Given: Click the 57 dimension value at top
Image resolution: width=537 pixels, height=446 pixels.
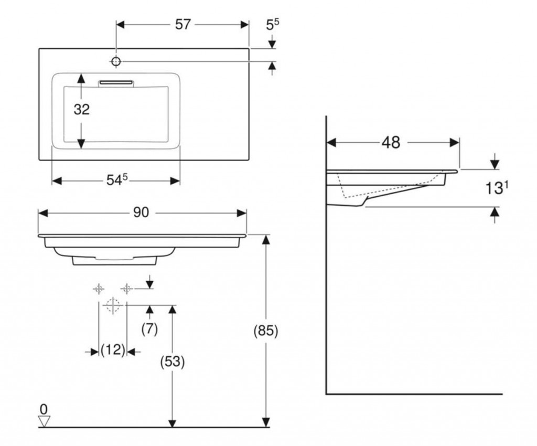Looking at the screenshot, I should pyautogui.click(x=182, y=25).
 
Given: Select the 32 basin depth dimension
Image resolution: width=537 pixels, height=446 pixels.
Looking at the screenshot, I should pyautogui.click(x=81, y=110).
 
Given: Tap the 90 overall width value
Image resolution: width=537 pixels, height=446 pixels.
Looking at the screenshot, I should pyautogui.click(x=141, y=213).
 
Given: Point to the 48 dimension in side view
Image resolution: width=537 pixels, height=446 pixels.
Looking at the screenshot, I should pyautogui.click(x=391, y=142).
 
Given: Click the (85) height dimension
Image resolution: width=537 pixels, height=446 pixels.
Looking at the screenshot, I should pyautogui.click(x=265, y=332).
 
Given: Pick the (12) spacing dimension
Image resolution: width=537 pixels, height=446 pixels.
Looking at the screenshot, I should pyautogui.click(x=112, y=350).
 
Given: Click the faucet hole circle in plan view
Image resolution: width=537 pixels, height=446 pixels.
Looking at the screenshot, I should pyautogui.click(x=116, y=62).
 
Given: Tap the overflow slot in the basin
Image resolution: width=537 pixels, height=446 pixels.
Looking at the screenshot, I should pyautogui.click(x=117, y=82).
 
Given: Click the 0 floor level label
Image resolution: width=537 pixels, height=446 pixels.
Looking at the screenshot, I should pyautogui.click(x=44, y=409).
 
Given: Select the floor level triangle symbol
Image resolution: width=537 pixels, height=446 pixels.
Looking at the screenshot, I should pyautogui.click(x=44, y=420).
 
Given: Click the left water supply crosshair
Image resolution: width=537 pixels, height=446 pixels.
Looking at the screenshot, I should pyautogui.click(x=99, y=288).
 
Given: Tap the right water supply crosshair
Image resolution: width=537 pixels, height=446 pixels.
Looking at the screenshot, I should pyautogui.click(x=126, y=288).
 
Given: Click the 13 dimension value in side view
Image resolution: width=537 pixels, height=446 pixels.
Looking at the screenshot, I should pyautogui.click(x=493, y=189).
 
